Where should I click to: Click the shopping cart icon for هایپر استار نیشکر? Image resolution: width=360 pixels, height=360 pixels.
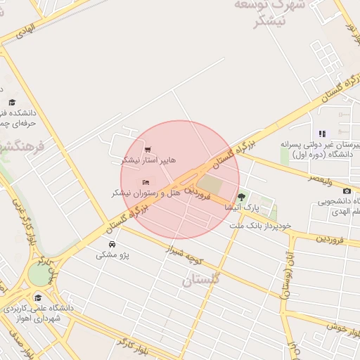pos(147,150)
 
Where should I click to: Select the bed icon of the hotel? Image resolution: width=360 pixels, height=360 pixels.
pos(136,183)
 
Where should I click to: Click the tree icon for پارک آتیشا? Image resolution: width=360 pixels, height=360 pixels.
pos(242,198)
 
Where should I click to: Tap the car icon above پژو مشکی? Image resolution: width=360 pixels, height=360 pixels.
pos(112,244)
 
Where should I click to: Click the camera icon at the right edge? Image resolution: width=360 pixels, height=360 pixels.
pos(347,191)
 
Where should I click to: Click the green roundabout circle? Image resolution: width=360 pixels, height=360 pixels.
pos(38,274)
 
